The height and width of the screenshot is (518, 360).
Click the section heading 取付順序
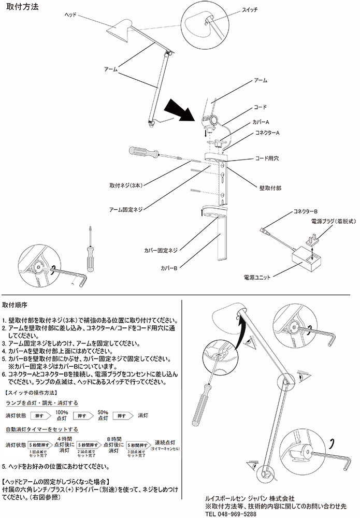coord(17,306)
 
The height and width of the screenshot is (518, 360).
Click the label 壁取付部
coord(270,185)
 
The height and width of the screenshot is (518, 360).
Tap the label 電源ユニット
coord(257,278)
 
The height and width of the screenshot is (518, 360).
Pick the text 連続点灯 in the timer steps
coord(165,443)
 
